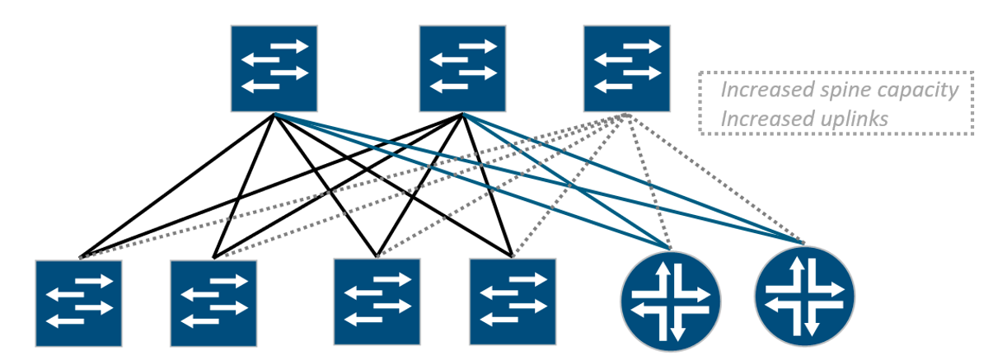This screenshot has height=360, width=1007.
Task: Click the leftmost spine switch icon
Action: (274, 68)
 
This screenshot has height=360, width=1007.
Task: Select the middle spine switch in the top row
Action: (462, 68)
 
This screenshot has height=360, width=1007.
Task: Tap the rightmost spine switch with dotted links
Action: (626, 68)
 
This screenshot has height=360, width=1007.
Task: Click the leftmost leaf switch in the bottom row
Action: (78, 303)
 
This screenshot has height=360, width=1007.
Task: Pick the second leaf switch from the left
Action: (213, 303)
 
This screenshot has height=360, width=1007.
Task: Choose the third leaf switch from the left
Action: (377, 302)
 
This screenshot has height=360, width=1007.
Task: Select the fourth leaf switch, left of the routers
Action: (513, 302)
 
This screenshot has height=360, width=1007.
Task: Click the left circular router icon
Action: (670, 302)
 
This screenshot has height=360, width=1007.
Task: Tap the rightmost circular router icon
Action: (804, 297)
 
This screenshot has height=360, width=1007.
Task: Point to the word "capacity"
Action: (917, 91)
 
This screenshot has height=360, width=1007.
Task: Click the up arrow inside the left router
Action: (663, 278)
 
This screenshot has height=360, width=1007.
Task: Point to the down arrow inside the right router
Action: (811, 320)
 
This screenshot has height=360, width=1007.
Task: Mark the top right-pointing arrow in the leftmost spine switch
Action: (289, 46)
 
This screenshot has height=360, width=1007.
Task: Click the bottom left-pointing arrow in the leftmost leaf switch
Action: (65, 321)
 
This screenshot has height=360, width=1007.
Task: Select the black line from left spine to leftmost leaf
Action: (176, 186)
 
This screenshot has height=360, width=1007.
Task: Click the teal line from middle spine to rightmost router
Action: (633, 179)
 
